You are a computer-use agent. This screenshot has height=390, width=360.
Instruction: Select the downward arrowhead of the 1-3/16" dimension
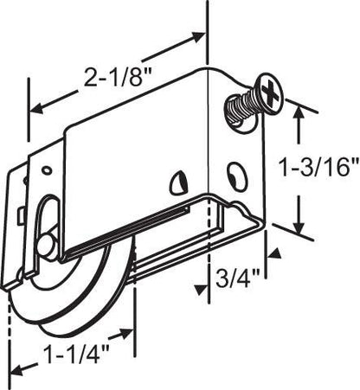pyautogui.click(x=300, y=231)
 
